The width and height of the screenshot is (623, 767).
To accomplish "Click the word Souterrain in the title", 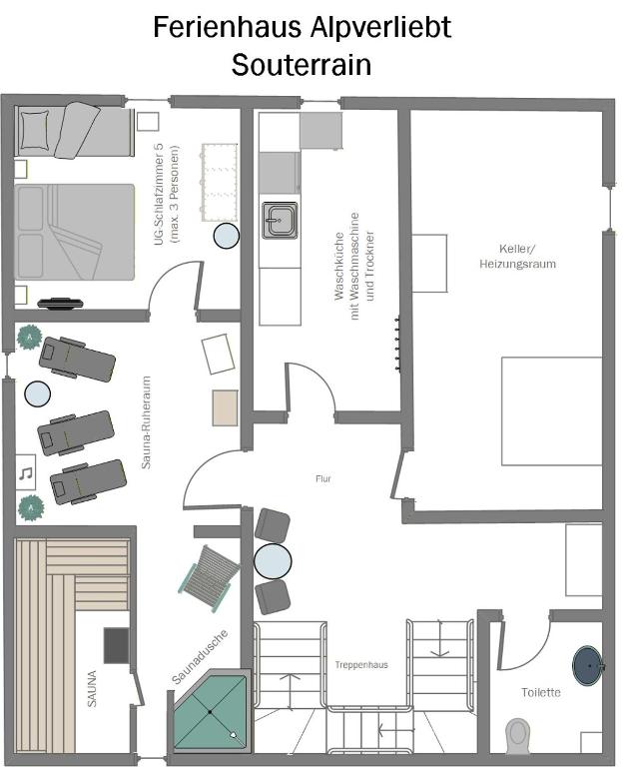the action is [x=302, y=65].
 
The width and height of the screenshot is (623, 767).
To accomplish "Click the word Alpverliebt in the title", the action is [x=381, y=28].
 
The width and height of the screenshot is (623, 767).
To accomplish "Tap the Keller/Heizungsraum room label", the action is [x=517, y=257].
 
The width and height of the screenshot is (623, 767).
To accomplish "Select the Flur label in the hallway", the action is [x=323, y=479].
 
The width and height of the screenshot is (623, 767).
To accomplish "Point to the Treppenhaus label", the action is [x=361, y=665].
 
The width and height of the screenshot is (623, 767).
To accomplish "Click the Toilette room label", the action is [x=541, y=692].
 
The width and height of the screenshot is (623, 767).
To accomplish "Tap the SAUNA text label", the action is [x=92, y=688].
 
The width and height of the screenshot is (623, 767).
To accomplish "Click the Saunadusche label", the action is [x=200, y=657].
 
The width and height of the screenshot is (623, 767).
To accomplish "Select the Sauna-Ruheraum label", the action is [x=146, y=422].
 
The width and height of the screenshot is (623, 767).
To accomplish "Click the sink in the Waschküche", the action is [x=280, y=220].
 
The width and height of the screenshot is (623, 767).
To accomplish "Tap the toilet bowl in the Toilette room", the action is [x=517, y=736].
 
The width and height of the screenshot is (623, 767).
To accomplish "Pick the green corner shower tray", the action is [x=212, y=712].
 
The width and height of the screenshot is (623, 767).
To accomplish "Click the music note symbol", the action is [x=26, y=473].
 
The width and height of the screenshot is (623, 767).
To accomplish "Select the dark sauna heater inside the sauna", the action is [x=117, y=646].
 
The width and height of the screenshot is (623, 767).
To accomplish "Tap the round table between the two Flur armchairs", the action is [x=273, y=561].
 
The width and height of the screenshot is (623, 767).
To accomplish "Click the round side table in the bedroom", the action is [x=227, y=236].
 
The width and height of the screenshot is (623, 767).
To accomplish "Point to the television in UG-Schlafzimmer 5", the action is [x=60, y=304].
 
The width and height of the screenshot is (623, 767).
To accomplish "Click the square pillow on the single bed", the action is [x=34, y=130].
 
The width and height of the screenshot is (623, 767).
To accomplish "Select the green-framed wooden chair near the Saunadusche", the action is [x=210, y=578].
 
